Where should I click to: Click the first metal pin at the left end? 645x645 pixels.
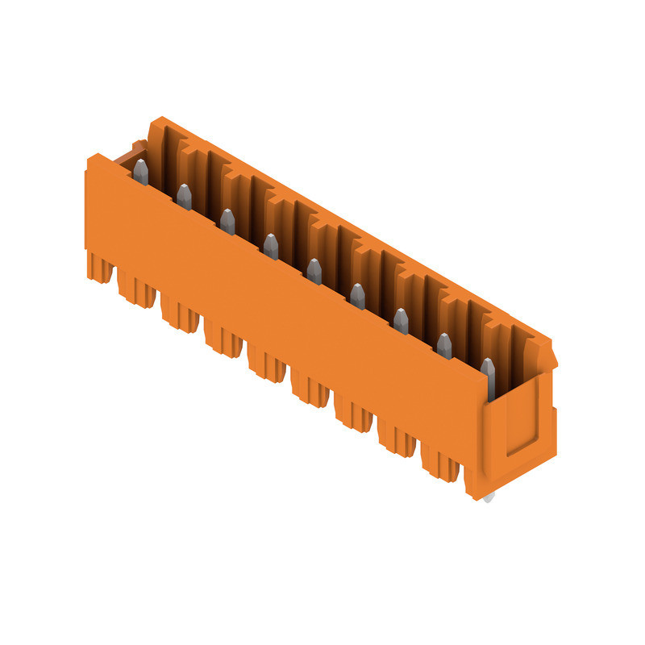tap(141, 172)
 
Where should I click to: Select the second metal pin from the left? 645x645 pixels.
tap(185, 197)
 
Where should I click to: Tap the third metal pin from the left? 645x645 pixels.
tap(227, 222)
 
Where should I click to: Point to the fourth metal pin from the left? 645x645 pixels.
tap(271, 247)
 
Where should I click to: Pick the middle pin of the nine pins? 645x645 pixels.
tap(314, 272)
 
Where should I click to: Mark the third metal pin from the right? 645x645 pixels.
tap(401, 321)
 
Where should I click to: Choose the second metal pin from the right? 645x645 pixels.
tap(444, 346)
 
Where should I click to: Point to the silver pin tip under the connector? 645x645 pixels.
tap(489, 497)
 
